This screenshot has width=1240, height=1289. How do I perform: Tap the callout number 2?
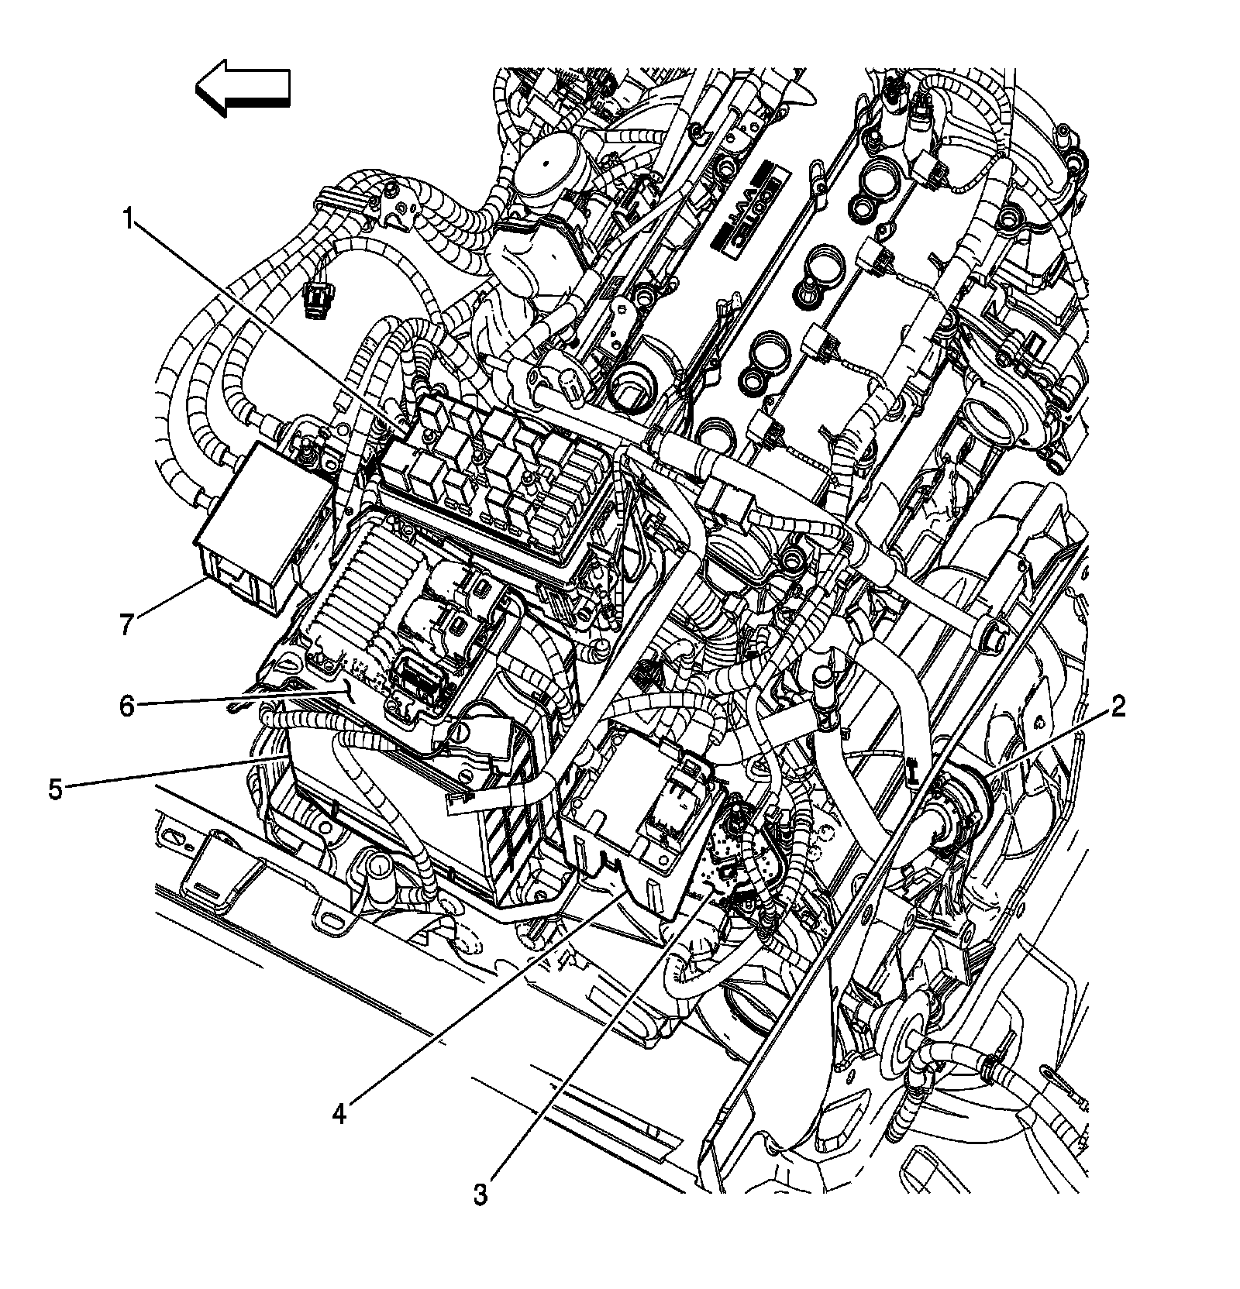coord(1116,706)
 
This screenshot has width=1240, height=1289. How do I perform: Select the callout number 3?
coord(481,1194)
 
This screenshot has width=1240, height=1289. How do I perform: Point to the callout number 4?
coord(339,1113)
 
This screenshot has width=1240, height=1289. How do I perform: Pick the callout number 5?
coord(55,789)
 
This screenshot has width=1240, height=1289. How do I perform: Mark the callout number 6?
coord(127,706)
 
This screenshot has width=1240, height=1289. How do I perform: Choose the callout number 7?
coord(127,623)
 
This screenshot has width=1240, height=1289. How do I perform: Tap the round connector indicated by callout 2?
coord(953,813)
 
